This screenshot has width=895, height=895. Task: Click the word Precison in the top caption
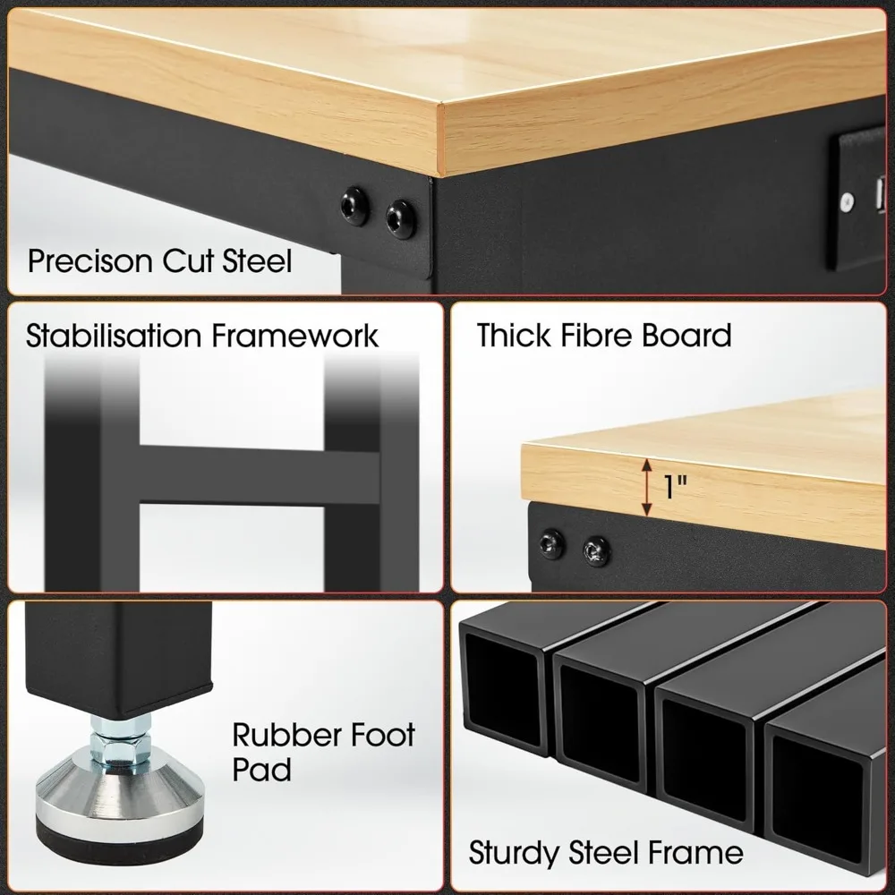(90, 261)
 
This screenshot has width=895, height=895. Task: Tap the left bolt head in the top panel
(354, 208)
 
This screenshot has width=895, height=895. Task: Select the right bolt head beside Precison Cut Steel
(398, 218)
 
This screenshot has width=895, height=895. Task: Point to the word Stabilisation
(114, 337)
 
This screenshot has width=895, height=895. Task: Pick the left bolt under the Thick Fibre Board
(551, 543)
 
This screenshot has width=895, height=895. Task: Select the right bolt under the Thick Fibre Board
(595, 550)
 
